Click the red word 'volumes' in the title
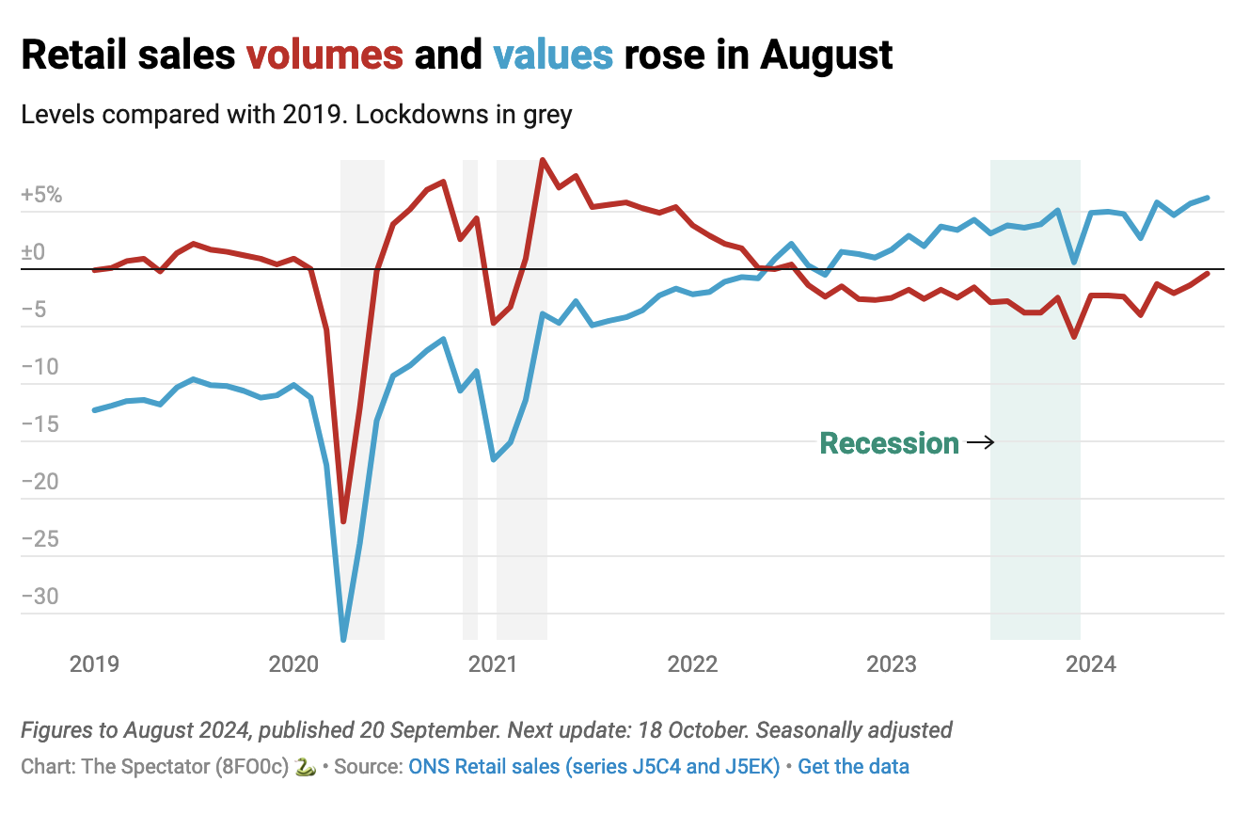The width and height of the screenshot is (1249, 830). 324,56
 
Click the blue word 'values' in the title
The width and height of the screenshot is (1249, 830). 552,56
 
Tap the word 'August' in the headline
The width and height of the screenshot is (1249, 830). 827,56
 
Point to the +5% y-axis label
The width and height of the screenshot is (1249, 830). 41,196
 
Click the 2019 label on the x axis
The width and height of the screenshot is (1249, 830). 94,664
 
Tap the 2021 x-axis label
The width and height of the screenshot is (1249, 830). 493,664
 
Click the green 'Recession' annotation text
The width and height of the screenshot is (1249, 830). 889,443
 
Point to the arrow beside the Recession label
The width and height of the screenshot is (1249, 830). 980,442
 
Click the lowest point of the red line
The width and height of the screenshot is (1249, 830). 343,521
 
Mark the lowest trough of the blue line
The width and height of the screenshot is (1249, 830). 343,640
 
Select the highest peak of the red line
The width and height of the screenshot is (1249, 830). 543,160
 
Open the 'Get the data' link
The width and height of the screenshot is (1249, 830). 853,766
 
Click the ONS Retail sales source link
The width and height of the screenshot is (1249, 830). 593,766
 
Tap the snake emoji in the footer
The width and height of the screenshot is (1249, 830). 305,766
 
